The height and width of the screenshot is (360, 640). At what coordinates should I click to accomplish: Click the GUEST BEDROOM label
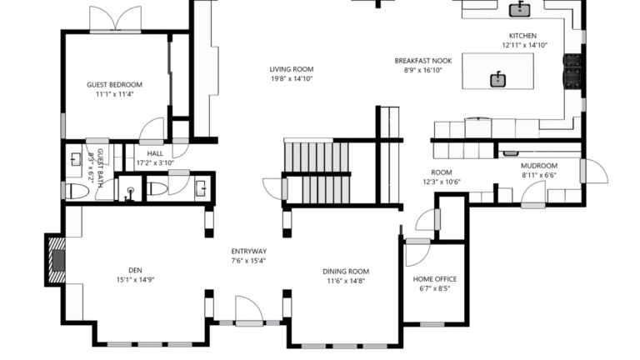coord(114,84)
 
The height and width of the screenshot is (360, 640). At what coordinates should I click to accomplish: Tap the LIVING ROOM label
coord(291,69)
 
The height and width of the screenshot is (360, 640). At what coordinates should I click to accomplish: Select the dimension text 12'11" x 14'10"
coord(524,46)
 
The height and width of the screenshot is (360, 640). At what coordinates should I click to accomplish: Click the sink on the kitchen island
coord(497,79)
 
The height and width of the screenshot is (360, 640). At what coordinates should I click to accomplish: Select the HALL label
coord(155,153)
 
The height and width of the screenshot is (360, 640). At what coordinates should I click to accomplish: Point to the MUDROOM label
coord(538,165)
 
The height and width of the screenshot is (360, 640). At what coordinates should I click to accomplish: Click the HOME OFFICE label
coord(434,279)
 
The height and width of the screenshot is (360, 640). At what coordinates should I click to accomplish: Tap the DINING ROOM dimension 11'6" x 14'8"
coord(345,281)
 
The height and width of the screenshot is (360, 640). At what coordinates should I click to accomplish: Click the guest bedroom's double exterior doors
coord(116,18)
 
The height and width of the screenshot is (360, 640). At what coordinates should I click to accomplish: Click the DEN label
coord(135,270)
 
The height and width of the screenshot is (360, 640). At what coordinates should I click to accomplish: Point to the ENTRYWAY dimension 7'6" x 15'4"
coord(248,261)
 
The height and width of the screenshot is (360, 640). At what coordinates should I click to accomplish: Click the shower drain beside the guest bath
coord(131,191)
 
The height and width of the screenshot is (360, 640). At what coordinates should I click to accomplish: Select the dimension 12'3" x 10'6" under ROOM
coord(441,182)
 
